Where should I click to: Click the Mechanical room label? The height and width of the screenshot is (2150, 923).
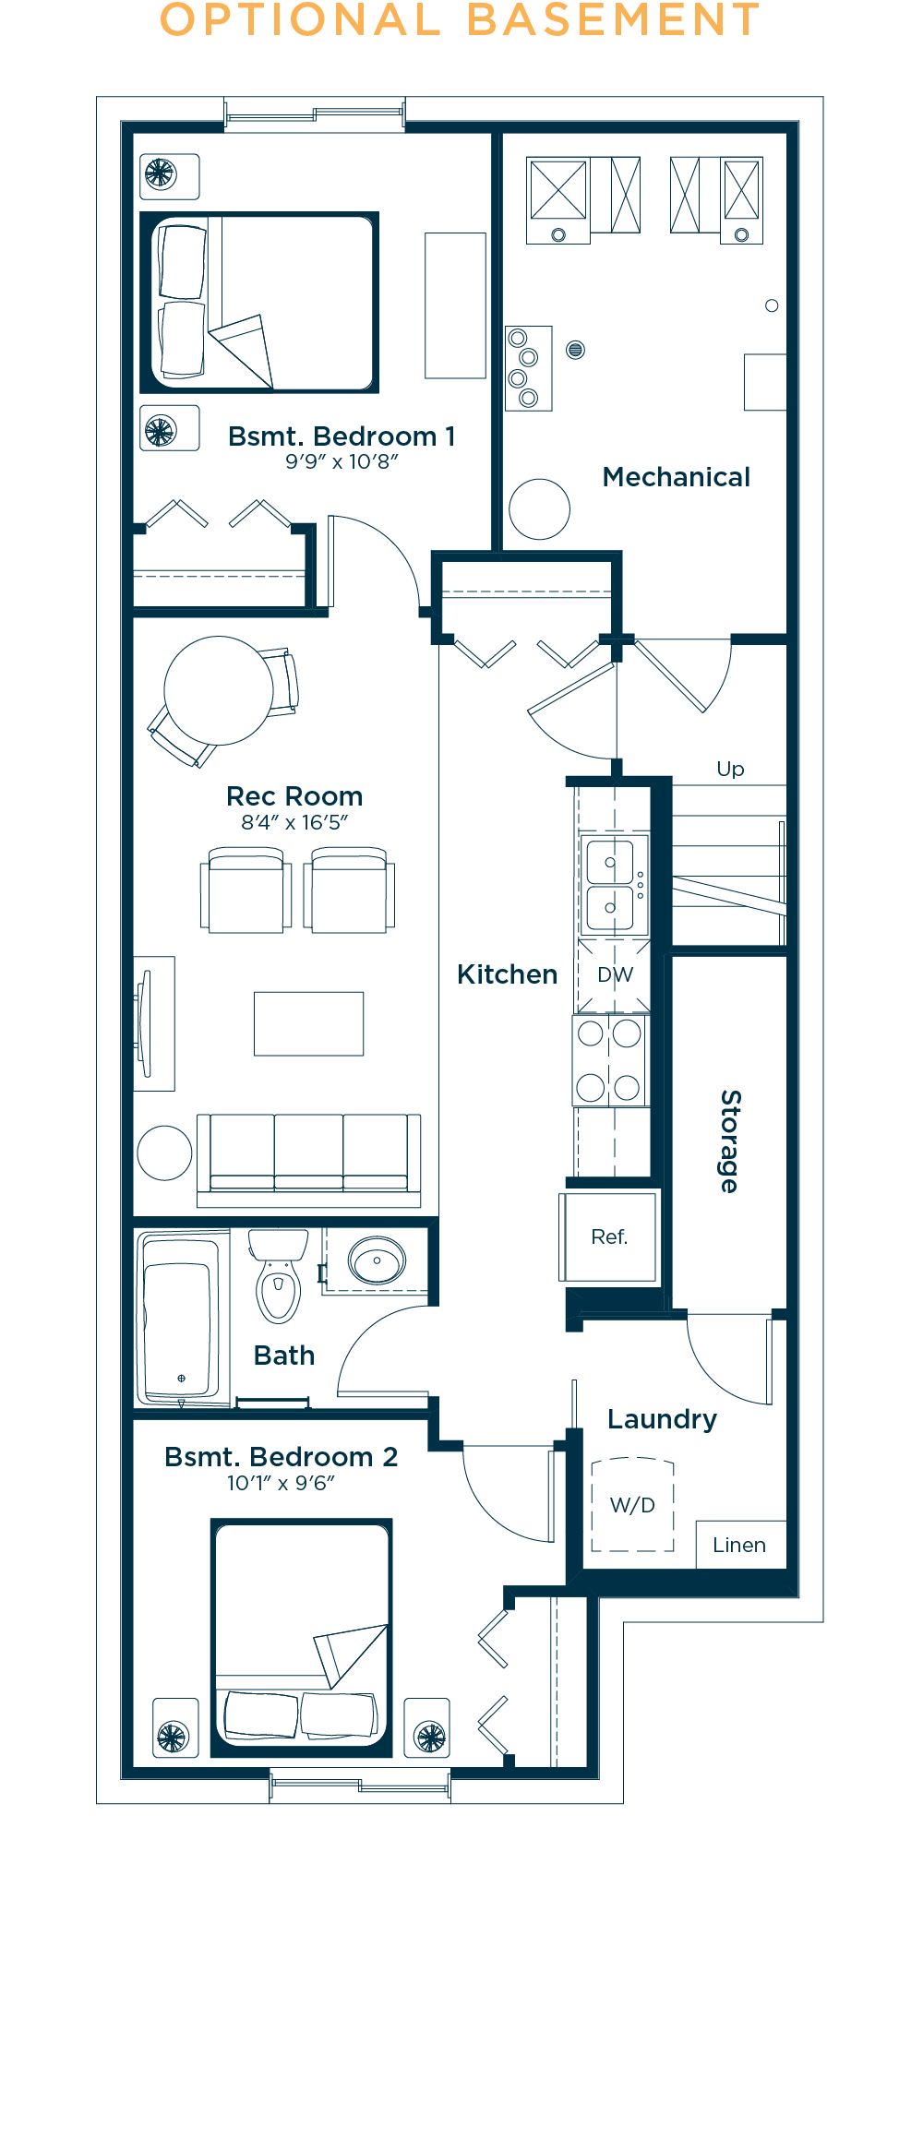[x=676, y=477]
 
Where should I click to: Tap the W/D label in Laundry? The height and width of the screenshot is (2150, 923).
[x=632, y=1505]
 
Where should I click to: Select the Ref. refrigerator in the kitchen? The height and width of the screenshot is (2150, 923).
[x=609, y=1236]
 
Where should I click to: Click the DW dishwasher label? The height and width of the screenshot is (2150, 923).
[x=615, y=974]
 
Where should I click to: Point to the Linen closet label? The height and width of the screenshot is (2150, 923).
[x=739, y=1545]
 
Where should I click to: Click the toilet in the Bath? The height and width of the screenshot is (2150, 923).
[x=278, y=1275]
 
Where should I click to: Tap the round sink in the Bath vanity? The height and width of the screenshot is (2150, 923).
[x=377, y=1260]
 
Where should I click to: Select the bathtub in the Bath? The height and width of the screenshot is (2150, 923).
[x=182, y=1318]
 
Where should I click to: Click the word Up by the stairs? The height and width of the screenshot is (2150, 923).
[x=730, y=770]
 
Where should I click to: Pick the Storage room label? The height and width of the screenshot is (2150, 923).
[x=730, y=1141]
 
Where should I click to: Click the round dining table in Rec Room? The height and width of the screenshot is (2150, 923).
[x=219, y=690]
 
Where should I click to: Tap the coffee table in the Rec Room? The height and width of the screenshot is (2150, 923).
[x=309, y=1023]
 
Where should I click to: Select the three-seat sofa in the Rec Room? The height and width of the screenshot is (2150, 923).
[x=309, y=1160]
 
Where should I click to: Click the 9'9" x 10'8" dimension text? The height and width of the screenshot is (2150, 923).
[x=342, y=461]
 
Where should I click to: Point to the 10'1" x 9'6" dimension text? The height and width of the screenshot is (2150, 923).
[x=281, y=1483]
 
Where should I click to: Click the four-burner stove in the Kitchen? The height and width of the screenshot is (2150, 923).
[x=610, y=1060]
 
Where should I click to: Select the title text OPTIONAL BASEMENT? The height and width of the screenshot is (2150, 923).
[x=460, y=20]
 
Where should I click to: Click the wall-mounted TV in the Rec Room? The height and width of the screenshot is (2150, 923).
[x=145, y=1023]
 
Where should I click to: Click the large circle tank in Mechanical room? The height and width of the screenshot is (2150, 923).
[x=539, y=509]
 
